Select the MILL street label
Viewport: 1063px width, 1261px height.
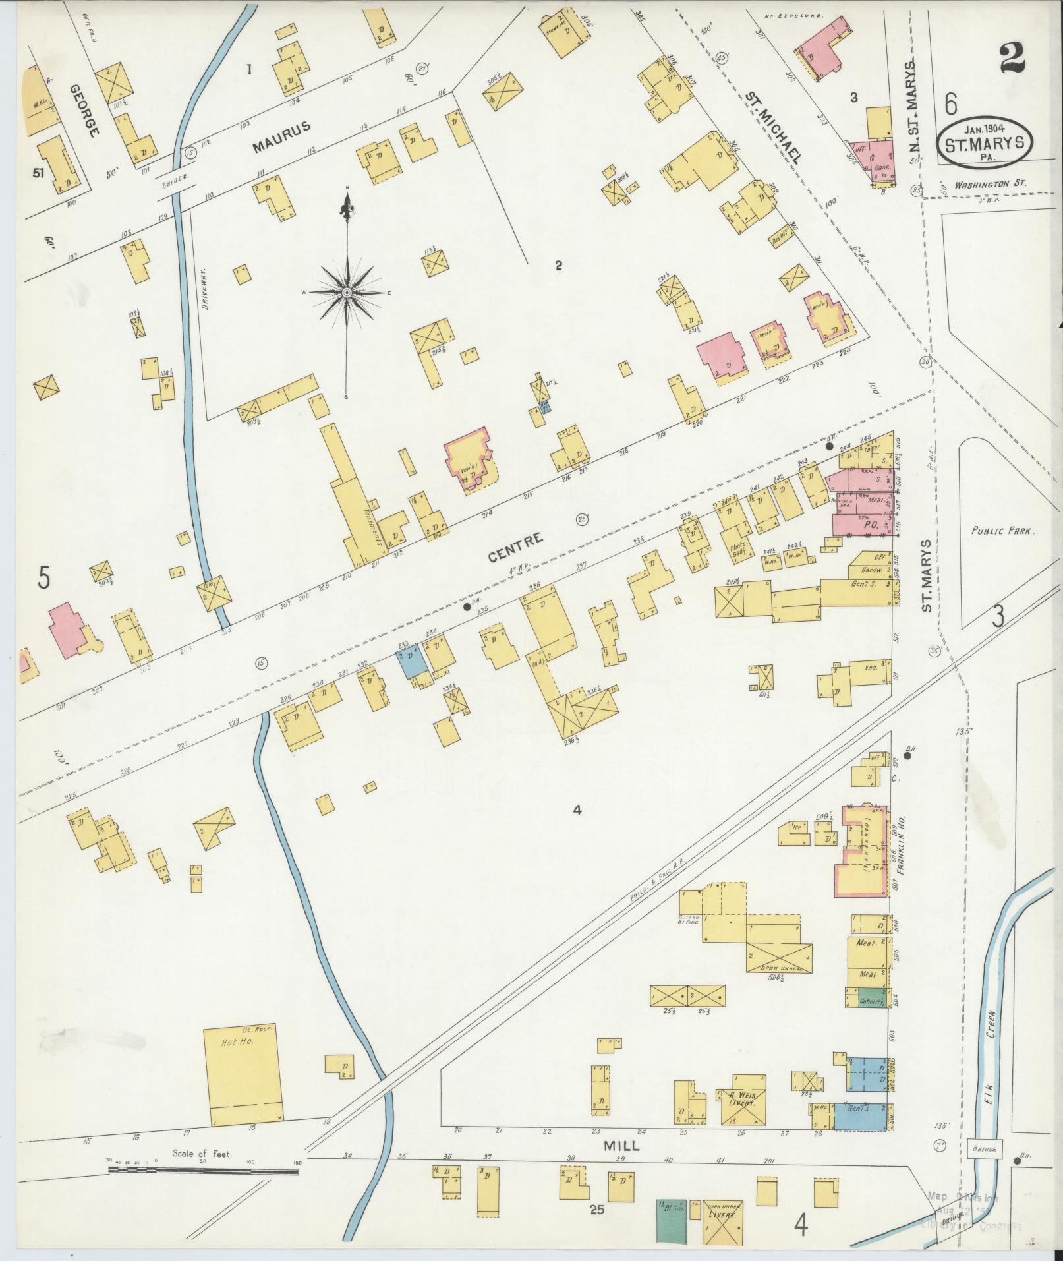[x=621, y=1146]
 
